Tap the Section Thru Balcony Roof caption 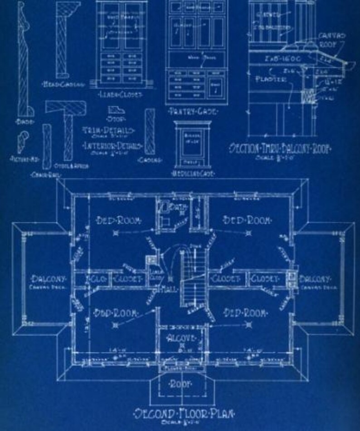tap(280, 148)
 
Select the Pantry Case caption tap(192, 111)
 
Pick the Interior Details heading tap(112, 146)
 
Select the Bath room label tap(178, 207)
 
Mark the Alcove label tap(181, 338)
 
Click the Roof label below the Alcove tap(181, 384)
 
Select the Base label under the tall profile tap(21, 122)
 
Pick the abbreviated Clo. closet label tap(95, 279)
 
